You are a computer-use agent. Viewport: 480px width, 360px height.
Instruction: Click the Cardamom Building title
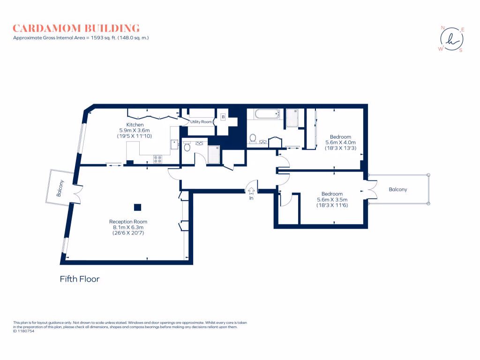point(76,28)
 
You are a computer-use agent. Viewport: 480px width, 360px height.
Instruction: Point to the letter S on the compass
point(460,51)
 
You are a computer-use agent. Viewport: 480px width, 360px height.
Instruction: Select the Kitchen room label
point(135,125)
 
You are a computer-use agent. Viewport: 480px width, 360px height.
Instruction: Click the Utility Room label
point(202,122)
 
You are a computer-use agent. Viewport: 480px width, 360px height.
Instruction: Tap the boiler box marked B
point(223,116)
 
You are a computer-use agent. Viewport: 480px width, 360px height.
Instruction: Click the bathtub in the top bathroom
point(266,113)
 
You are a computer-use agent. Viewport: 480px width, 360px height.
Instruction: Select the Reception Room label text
point(128,222)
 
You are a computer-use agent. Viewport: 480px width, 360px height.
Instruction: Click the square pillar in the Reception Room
point(137,207)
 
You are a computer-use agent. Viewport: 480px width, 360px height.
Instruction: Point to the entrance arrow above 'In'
point(251,190)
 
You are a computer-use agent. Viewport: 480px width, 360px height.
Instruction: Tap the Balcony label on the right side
point(398,190)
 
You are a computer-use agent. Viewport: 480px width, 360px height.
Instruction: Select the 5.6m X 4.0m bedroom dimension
point(341,142)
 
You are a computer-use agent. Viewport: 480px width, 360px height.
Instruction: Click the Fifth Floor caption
point(80,279)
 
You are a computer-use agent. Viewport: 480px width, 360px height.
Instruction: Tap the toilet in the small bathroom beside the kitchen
point(187,148)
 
